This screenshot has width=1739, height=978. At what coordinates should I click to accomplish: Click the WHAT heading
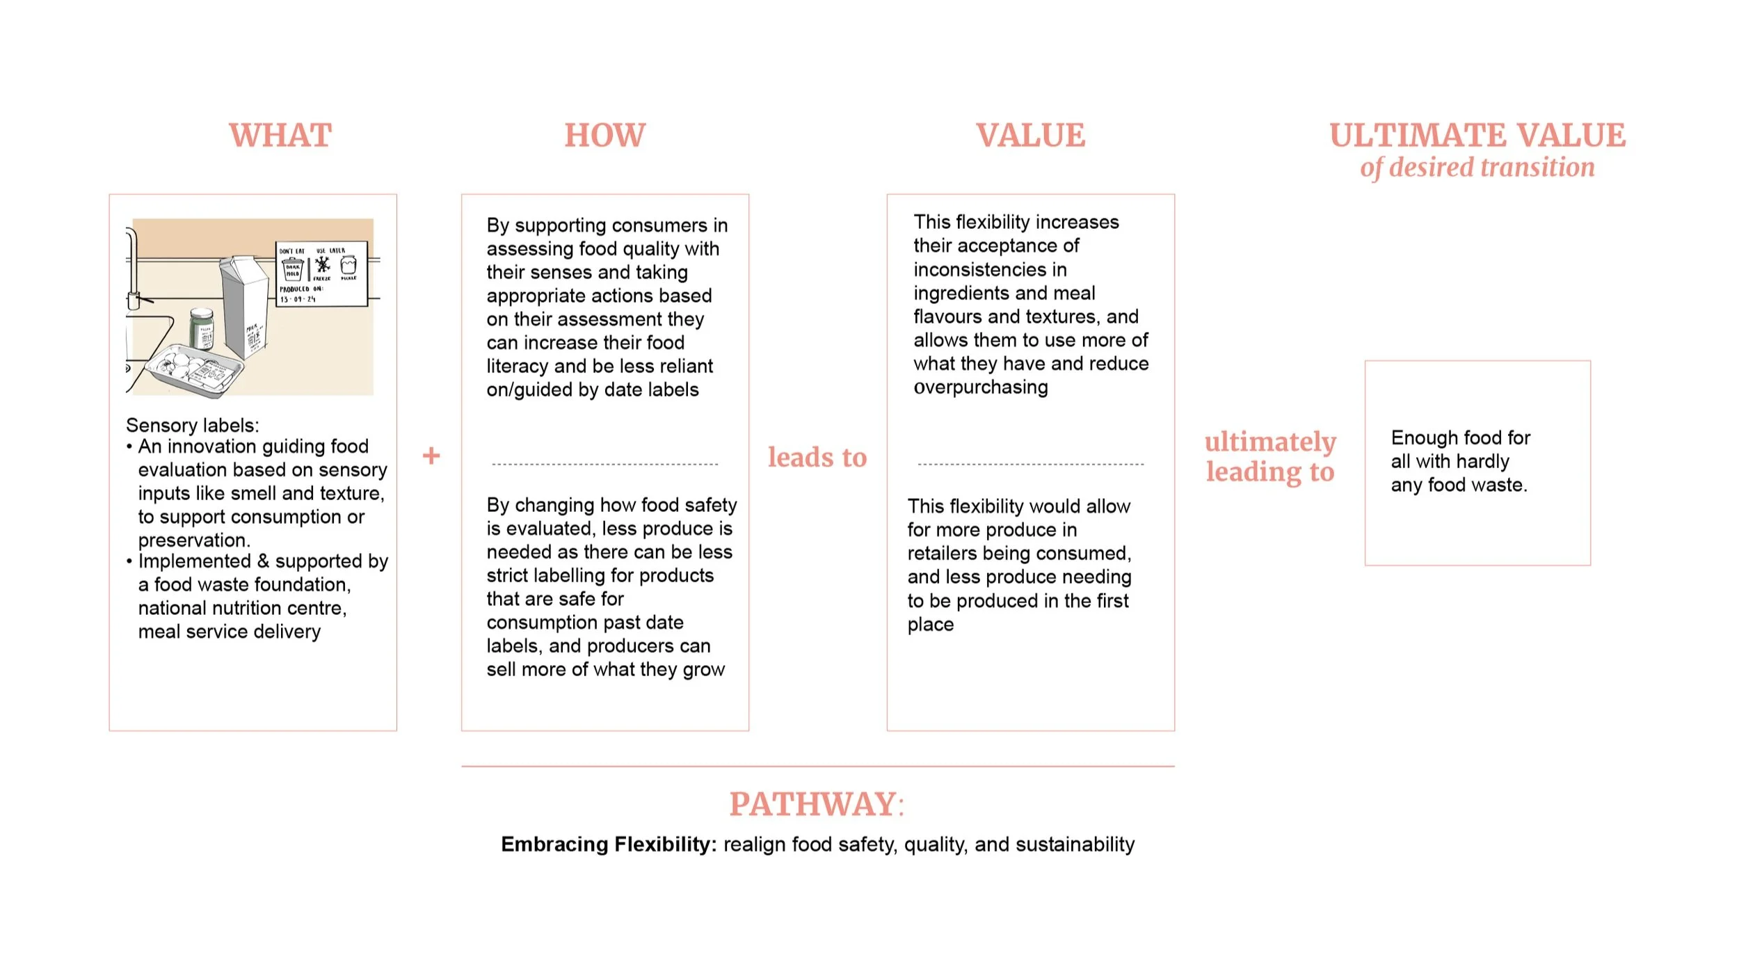point(280,135)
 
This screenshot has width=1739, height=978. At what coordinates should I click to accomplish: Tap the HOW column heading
point(604,135)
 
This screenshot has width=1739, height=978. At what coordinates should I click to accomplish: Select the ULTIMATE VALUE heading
point(1477,135)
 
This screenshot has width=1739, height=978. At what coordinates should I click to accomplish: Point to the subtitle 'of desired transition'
point(1477,168)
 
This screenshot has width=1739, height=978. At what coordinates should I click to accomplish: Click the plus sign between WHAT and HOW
point(431,456)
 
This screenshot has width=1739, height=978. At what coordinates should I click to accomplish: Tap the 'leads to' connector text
point(817,457)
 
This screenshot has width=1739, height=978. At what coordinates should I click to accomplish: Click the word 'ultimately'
point(1270,442)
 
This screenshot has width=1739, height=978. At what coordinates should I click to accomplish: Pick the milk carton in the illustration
point(245,306)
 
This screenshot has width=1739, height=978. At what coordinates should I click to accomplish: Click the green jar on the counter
point(202,328)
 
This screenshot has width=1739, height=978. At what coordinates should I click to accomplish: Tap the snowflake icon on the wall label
point(323,265)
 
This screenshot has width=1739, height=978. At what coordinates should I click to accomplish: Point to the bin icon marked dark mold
point(293,268)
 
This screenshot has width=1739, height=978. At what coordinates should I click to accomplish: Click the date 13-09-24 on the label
point(298,299)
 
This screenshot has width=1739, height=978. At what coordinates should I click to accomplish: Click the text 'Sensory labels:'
point(192,425)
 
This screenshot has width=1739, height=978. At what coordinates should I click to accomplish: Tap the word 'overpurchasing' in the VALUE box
point(980,387)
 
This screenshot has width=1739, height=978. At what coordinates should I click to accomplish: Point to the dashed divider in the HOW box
point(604,464)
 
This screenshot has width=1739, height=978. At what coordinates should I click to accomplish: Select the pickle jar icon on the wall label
point(348,265)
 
